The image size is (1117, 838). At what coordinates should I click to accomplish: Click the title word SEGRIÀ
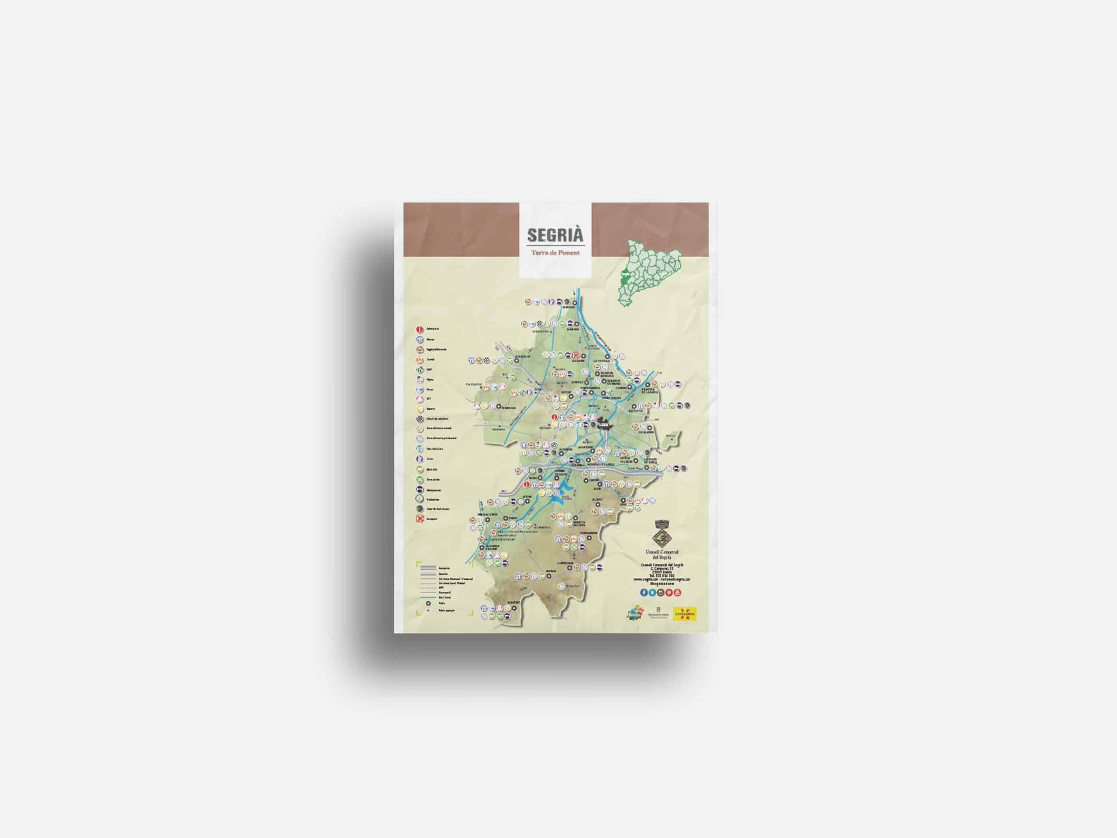[x=555, y=235]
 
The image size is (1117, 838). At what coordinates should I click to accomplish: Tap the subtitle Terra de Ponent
[x=555, y=253]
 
